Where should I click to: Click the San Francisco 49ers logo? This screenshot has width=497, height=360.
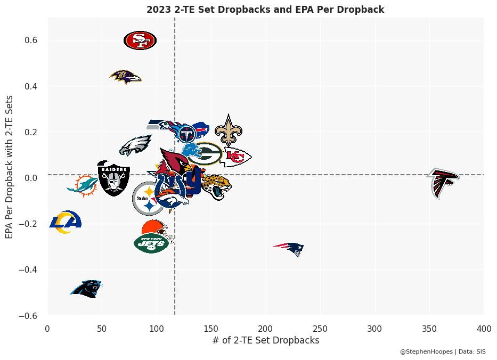click(x=140, y=40)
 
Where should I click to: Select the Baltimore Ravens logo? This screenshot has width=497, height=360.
click(x=126, y=77)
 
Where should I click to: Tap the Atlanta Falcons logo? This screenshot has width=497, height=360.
click(x=443, y=183)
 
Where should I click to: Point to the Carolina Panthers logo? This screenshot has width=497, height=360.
click(x=86, y=289)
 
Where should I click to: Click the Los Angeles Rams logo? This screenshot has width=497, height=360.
click(x=65, y=223)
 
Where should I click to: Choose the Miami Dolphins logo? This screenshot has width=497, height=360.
click(x=83, y=185)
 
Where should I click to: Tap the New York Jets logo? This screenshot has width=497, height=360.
click(x=151, y=243)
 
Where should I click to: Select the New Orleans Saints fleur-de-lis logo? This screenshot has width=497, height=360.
click(x=229, y=130)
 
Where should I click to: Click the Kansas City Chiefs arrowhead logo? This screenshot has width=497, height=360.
click(x=236, y=157)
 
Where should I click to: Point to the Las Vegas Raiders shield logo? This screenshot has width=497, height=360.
click(x=113, y=178)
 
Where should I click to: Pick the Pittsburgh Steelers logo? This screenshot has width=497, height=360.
click(x=148, y=198)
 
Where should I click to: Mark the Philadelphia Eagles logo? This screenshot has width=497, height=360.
click(x=135, y=145)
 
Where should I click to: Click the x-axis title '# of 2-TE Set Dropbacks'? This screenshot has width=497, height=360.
click(x=266, y=340)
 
